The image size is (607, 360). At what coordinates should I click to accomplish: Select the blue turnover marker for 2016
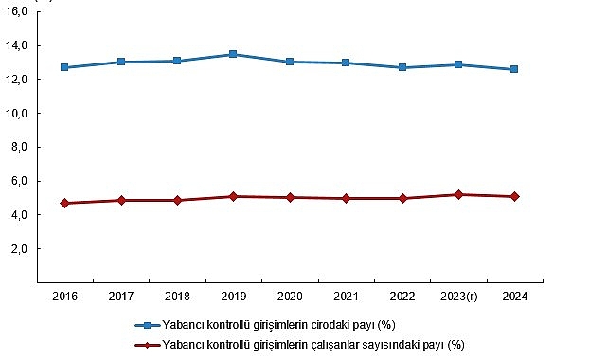point(64,67)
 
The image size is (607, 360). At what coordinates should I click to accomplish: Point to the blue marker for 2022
point(402,67)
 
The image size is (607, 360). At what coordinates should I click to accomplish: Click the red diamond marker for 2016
point(64,203)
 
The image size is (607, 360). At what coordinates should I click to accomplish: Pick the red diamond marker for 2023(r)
point(458,194)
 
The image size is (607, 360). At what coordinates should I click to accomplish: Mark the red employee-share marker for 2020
point(289,197)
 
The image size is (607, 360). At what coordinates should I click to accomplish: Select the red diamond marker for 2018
point(177,200)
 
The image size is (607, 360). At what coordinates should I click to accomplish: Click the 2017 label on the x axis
point(120,297)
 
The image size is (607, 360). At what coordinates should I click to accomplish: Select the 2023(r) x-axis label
point(458,297)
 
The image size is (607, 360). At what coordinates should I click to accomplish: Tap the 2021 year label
point(346,297)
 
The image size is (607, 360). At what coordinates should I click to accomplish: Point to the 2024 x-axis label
point(514,297)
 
